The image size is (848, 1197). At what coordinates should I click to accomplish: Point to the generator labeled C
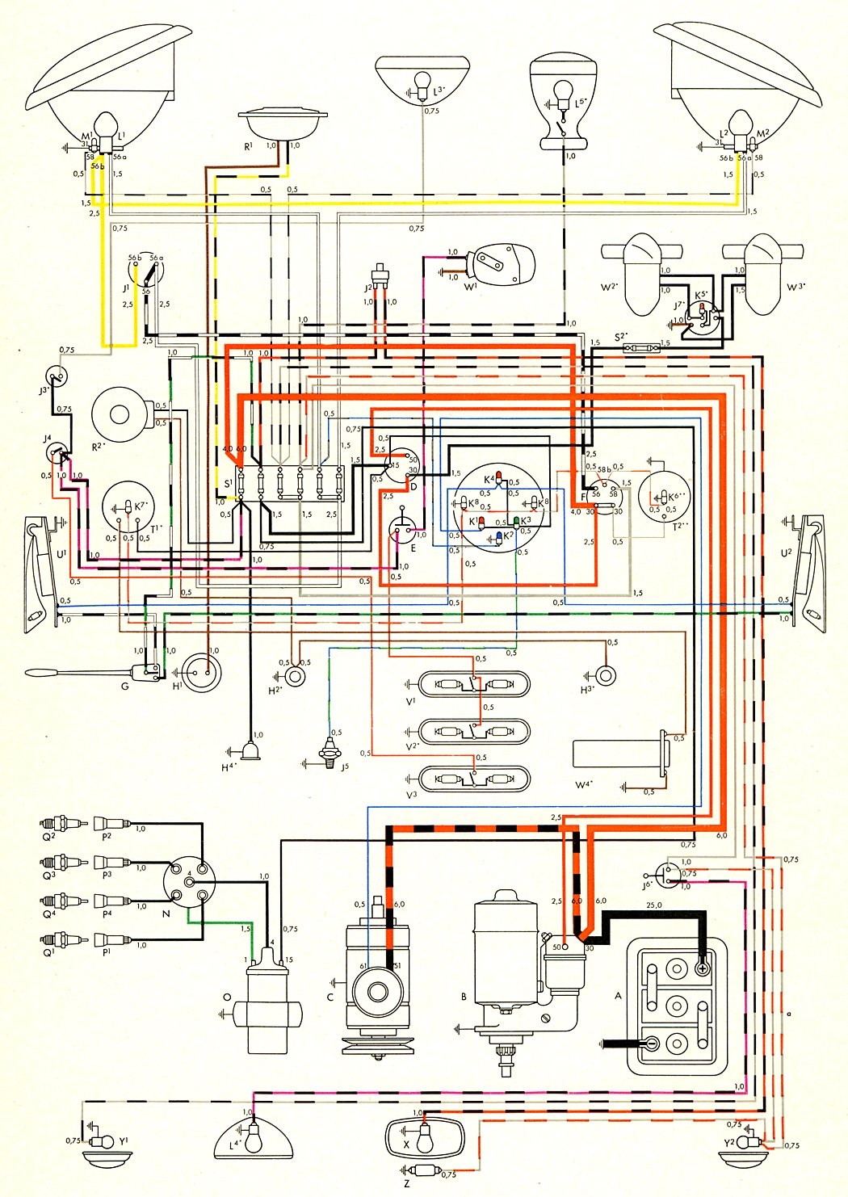pos(378,985)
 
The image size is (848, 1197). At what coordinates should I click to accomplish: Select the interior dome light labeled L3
pos(422,82)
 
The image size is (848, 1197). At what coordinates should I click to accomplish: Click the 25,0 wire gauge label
pos(653,905)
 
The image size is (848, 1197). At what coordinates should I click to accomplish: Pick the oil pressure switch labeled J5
pos(330,755)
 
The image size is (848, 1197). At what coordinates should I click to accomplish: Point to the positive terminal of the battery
pos(702,968)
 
